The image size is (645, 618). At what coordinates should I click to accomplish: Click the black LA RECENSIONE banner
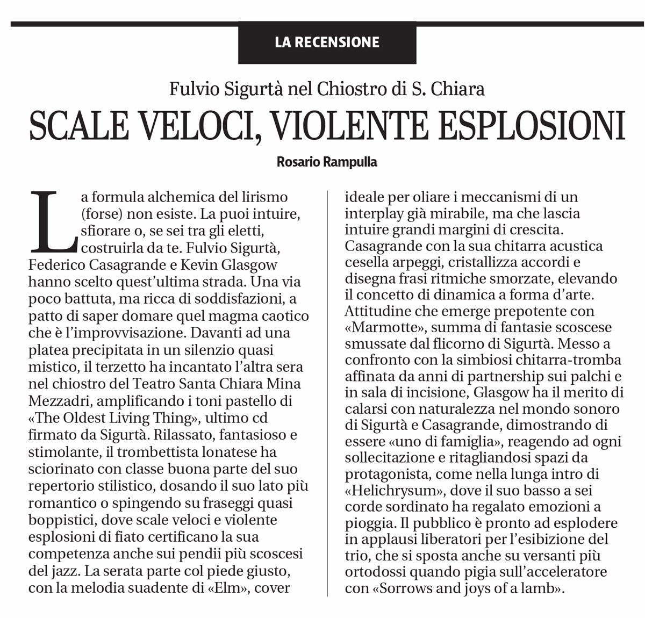(327, 42)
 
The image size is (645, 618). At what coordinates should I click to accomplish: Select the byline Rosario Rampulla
(327, 162)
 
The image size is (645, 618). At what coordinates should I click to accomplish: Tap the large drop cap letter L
(53, 221)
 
